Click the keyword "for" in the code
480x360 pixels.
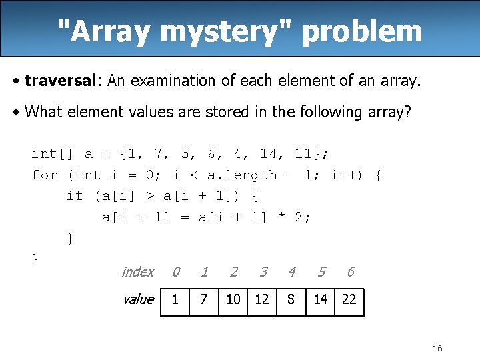[44, 175]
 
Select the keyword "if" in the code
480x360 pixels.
[75, 196]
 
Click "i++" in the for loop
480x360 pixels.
[346, 175]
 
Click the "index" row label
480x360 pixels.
[137, 272]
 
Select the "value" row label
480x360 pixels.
[138, 299]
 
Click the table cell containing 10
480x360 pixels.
[233, 300]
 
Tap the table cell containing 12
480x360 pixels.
[263, 300]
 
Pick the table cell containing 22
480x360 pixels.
[349, 300]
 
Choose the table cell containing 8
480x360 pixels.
[291, 300]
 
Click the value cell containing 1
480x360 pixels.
[175, 300]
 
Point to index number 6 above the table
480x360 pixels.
[351, 272]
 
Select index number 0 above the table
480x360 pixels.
[175, 272]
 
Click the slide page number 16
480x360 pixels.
[437, 349]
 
